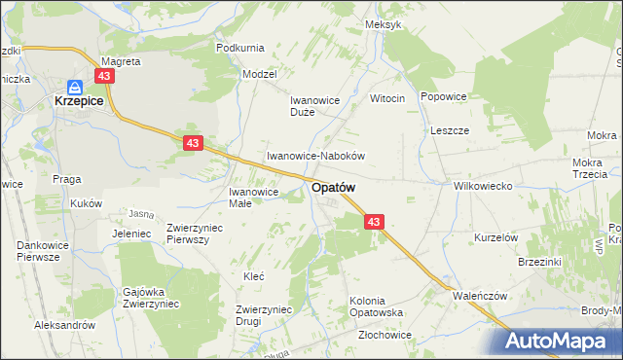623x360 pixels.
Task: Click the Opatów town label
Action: (333, 187)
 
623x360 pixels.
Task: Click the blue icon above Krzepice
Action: (75, 86)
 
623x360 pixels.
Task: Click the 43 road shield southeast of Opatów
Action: (376, 223)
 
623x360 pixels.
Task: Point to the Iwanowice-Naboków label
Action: (315, 156)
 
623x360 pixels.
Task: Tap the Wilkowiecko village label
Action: (483, 185)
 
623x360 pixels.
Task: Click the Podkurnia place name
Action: (240, 48)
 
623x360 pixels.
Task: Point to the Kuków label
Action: (86, 203)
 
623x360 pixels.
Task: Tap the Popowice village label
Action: (445, 97)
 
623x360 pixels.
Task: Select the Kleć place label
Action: (253, 276)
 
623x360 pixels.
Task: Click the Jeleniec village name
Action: (130, 234)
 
